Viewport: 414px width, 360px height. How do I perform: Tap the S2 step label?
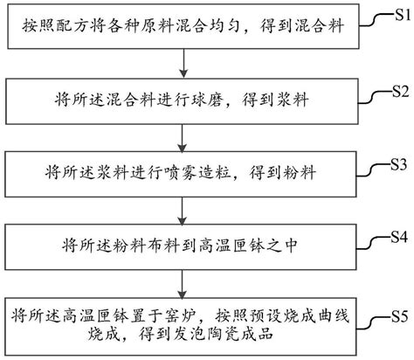click(x=400, y=90)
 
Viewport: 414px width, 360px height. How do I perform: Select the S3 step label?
click(x=398, y=163)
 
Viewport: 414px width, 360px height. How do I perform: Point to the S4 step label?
click(x=398, y=236)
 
